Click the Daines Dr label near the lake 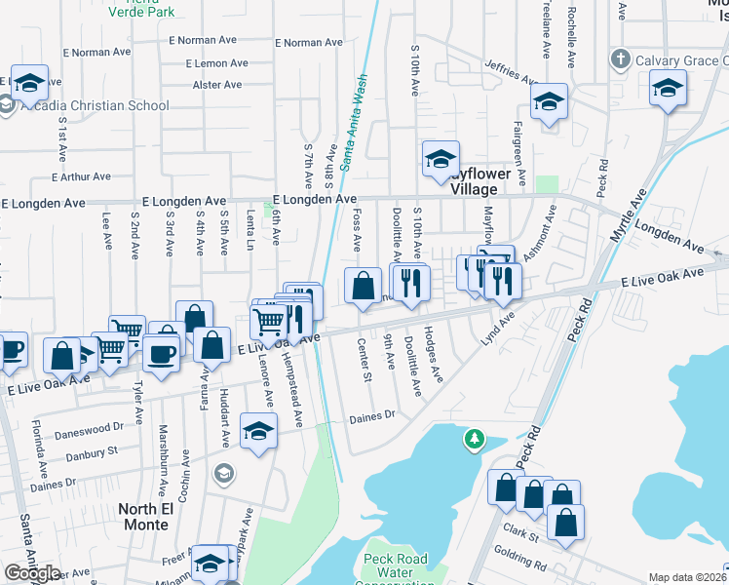click(x=372, y=415)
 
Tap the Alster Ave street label click(x=217, y=85)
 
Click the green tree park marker click(x=474, y=440)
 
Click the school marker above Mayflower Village click(x=440, y=158)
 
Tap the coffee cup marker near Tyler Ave click(x=162, y=353)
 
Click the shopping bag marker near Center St click(x=363, y=286)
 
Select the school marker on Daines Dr click(x=258, y=431)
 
